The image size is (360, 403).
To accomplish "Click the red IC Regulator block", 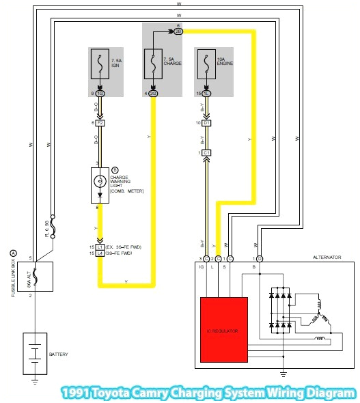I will tap(223, 329).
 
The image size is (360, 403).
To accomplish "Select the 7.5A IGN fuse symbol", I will tap(100, 64).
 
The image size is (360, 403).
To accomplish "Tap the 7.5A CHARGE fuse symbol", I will tap(152, 64).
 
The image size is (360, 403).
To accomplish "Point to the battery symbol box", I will tap(34, 353).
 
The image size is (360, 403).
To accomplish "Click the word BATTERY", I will tap(59, 355).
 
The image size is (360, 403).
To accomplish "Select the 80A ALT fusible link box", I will tap(34, 276).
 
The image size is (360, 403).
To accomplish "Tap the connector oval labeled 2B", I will tap(178, 31).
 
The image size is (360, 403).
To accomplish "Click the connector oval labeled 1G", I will tap(100, 93).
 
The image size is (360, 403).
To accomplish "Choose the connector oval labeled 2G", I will tap(152, 93).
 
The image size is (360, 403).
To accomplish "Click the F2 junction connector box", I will tap(100, 123).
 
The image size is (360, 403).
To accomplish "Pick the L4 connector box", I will tap(100, 253).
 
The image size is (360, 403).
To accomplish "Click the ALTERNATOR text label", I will tap(327, 258).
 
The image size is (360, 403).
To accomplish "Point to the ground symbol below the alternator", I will tap(282, 373).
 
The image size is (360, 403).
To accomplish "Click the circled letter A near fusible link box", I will tap(12, 252).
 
